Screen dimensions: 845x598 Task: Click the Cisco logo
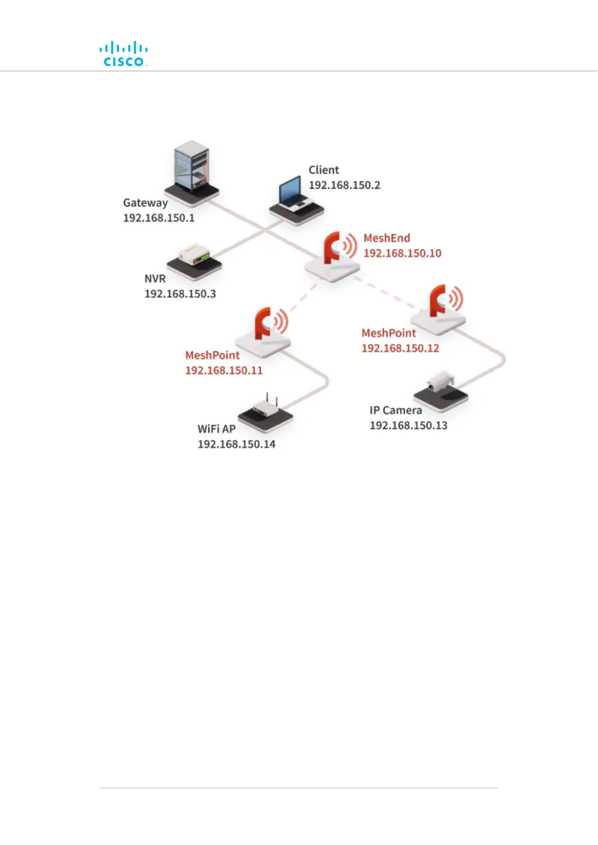[x=123, y=55]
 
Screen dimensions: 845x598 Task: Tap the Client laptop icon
[x=296, y=198]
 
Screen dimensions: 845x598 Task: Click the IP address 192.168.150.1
[x=159, y=218]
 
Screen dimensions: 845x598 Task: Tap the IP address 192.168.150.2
[x=344, y=185]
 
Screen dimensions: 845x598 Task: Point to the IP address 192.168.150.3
[x=180, y=294]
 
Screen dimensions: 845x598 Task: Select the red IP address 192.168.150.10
[x=402, y=253]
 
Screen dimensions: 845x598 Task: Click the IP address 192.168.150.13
[x=408, y=426]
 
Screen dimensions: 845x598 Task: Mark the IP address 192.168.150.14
[x=236, y=445]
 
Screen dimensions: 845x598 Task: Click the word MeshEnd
[x=387, y=238]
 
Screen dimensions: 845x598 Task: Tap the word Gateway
[x=146, y=203]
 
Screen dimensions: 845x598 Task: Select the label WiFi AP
[x=216, y=430]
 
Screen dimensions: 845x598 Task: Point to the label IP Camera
[x=396, y=410]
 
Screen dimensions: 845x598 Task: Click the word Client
[x=324, y=170]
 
